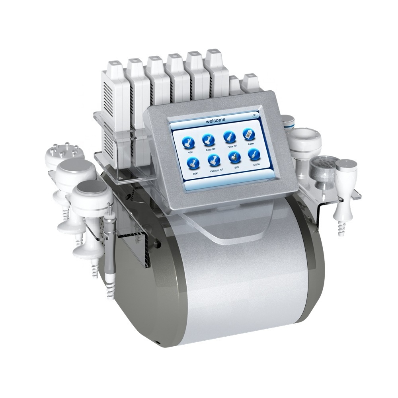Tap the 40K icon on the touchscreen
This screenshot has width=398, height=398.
(189, 143)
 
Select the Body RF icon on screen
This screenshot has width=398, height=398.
(208, 139)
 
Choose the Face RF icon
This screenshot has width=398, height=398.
(230, 137)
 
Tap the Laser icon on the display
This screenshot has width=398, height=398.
(249, 134)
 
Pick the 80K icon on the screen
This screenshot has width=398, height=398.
(193, 163)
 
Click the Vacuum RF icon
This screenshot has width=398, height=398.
(214, 160)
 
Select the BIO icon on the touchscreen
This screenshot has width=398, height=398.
(234, 157)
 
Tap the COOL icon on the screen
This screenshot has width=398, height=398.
(254, 154)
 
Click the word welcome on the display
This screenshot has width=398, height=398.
(215, 120)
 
